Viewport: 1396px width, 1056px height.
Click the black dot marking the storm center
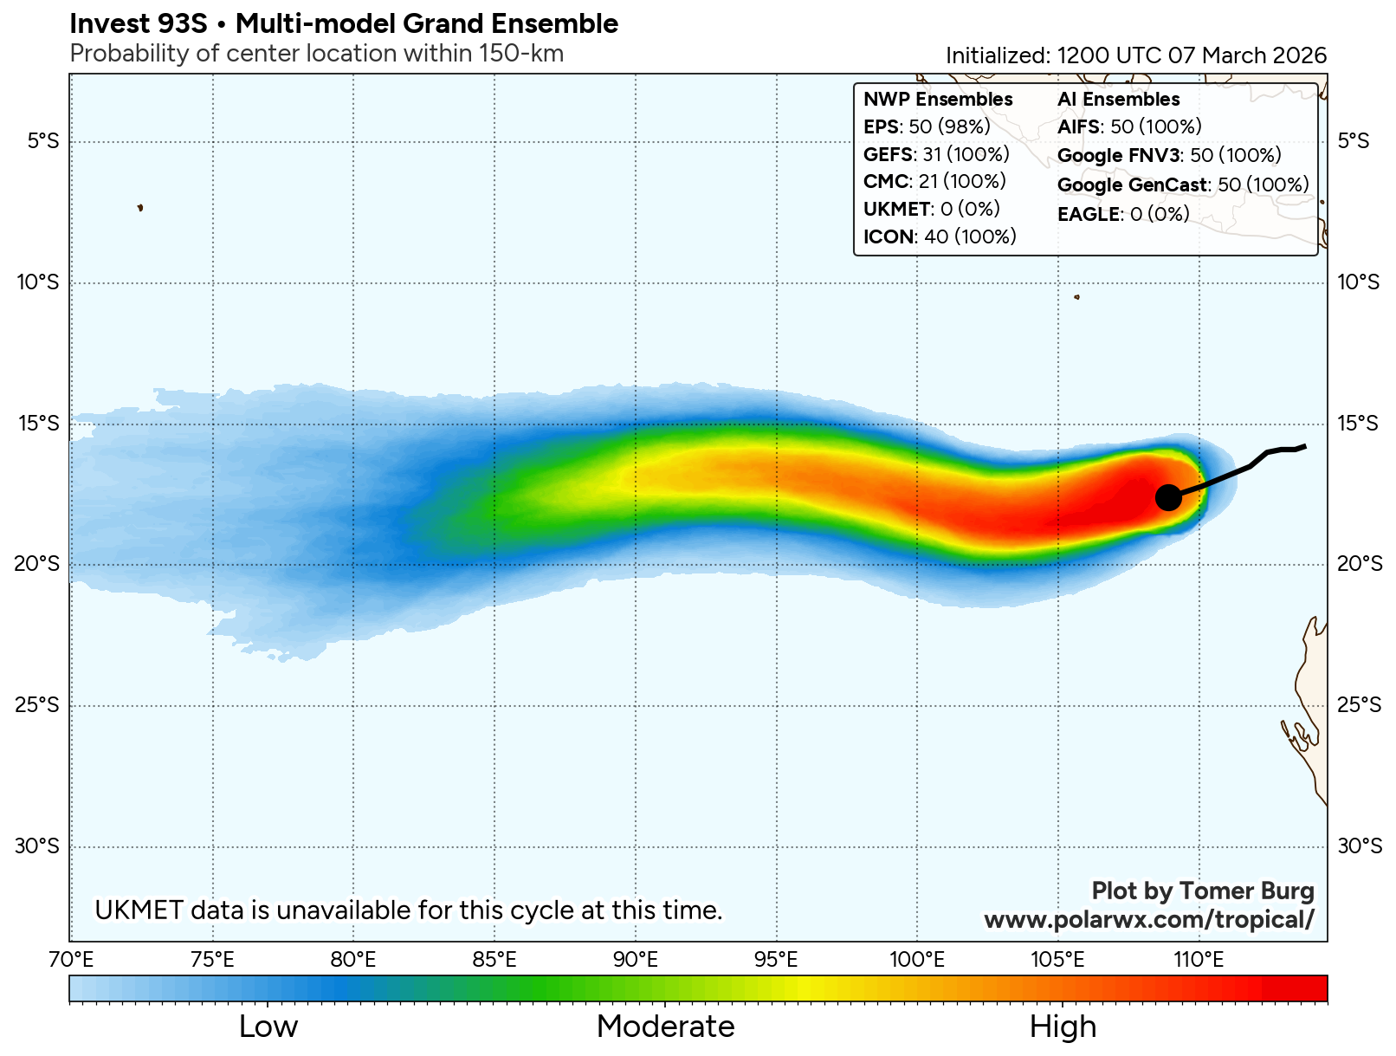pos(1168,497)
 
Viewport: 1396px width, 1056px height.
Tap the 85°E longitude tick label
pos(494,960)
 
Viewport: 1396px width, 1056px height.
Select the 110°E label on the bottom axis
pos(1199,960)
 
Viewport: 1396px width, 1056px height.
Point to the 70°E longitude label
pos(71,960)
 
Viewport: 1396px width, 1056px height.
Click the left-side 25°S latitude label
pos(37,705)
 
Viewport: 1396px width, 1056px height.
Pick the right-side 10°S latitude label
pos(1359,282)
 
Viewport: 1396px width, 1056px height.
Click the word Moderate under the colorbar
pos(665,1027)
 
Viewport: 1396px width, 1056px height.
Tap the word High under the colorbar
pos(1063,1027)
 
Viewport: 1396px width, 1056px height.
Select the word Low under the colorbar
pos(268,1027)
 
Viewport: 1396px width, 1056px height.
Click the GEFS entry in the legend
pos(936,155)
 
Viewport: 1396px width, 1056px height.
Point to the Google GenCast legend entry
pos(1182,185)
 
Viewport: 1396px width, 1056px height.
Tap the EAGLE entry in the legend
pos(1123,214)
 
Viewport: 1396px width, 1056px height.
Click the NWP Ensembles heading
pos(938,100)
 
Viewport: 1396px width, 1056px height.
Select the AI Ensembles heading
pos(1118,100)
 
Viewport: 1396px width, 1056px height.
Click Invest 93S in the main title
pos(139,24)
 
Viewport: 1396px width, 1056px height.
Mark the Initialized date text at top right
pos(1135,55)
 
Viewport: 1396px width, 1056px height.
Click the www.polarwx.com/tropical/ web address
pos(1148,920)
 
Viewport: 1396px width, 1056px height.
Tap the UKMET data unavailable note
pos(409,910)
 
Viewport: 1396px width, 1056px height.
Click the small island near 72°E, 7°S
pos(140,208)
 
